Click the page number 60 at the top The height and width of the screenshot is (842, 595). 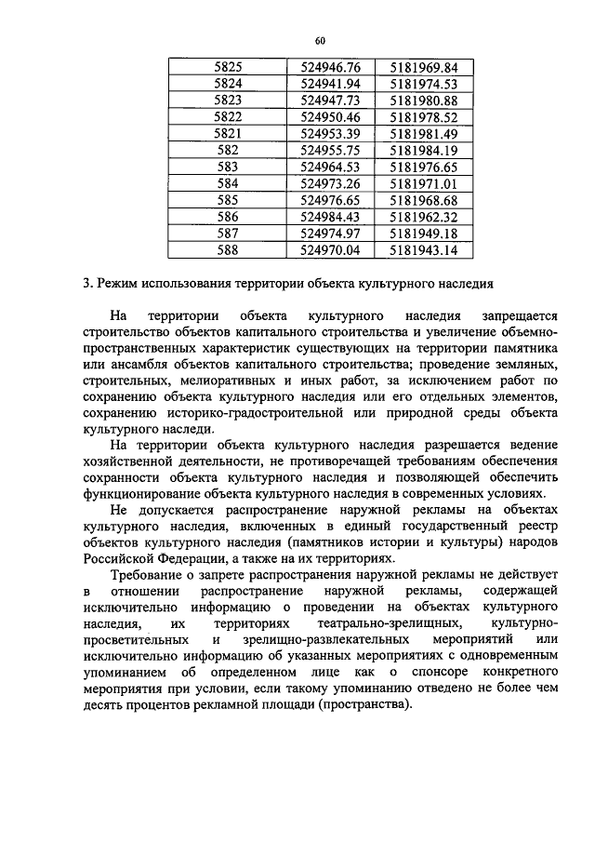(x=320, y=41)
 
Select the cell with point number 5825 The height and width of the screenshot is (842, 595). (x=228, y=68)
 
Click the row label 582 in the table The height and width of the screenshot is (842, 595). (x=228, y=150)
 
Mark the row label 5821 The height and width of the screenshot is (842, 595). (x=228, y=134)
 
